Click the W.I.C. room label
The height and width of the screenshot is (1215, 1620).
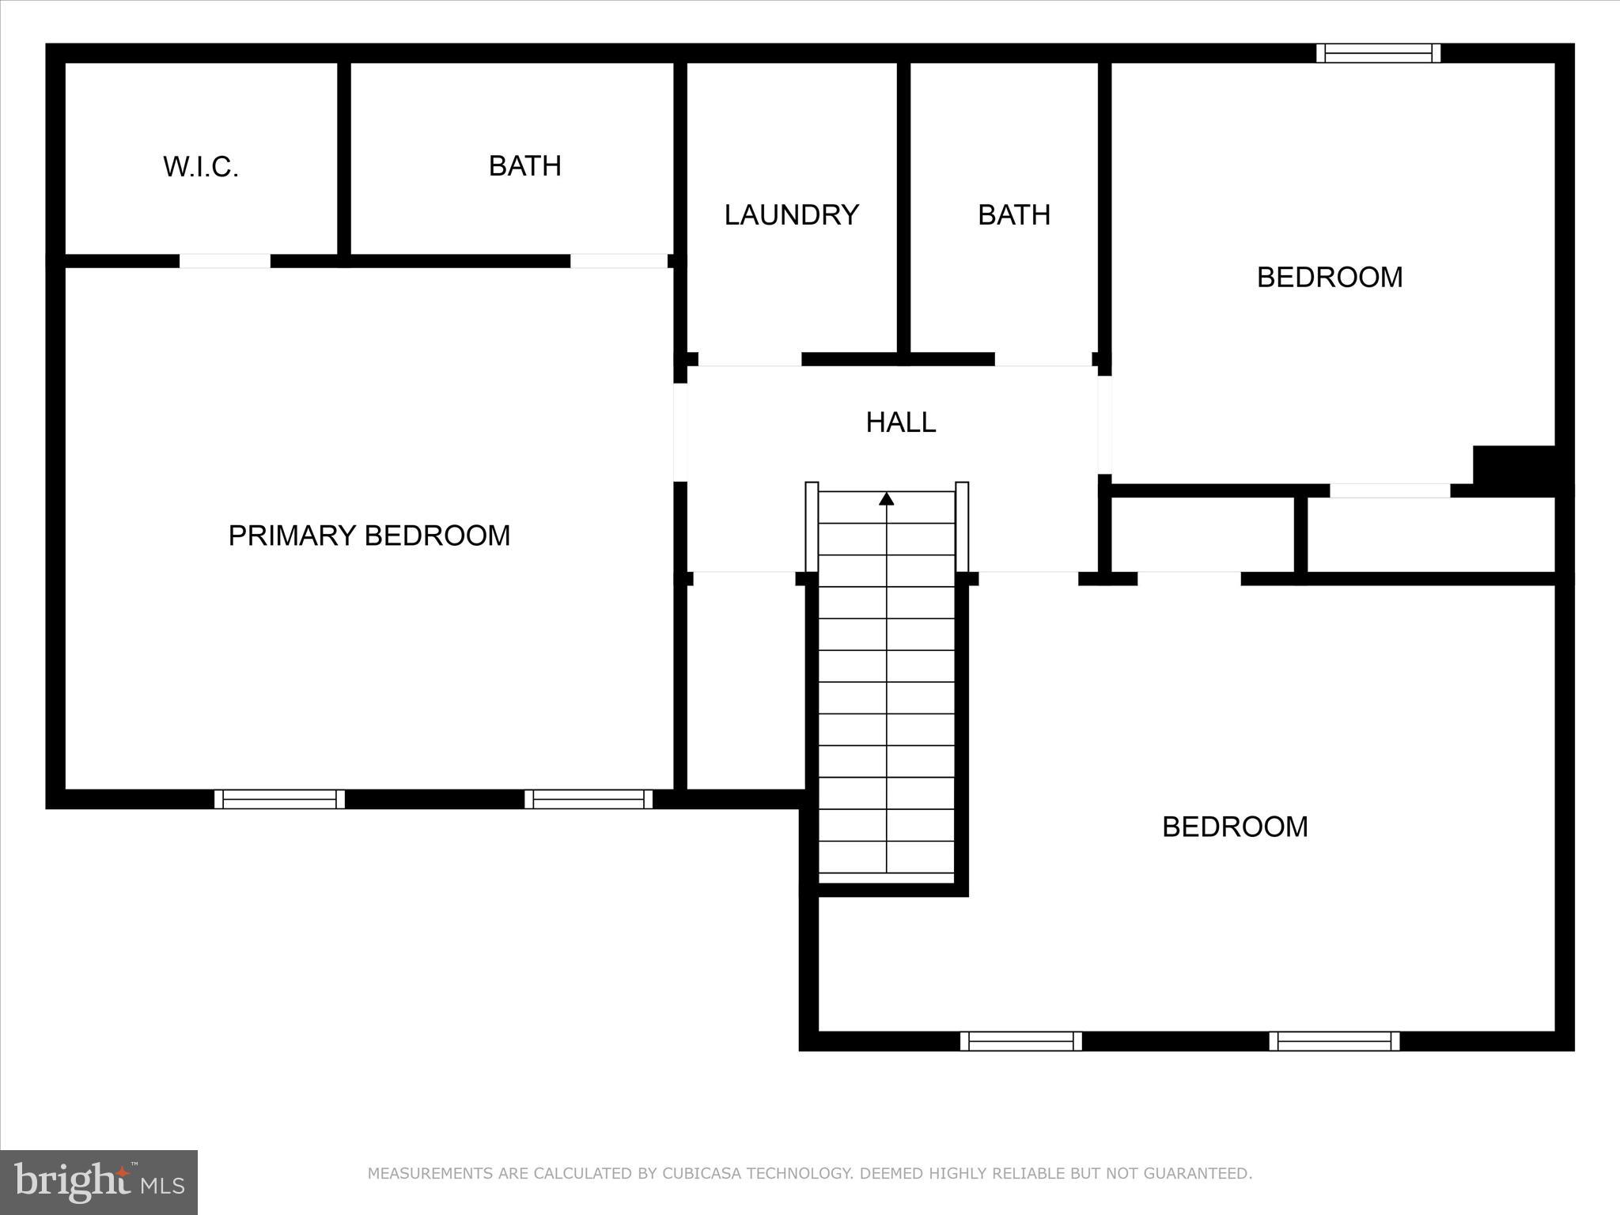click(x=201, y=167)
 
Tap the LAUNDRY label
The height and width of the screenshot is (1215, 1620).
click(x=791, y=215)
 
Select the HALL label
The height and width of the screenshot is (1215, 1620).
click(x=901, y=422)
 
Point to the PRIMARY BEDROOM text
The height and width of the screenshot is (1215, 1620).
click(x=369, y=536)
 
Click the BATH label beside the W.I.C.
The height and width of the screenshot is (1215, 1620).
click(x=525, y=166)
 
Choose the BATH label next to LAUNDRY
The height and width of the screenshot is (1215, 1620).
click(x=1014, y=215)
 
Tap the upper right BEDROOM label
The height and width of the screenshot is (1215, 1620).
click(x=1330, y=277)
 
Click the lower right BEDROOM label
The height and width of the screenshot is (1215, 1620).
click(x=1235, y=827)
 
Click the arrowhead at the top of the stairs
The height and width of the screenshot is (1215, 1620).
click(x=887, y=498)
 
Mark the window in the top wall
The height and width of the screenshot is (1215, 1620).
click(x=1378, y=53)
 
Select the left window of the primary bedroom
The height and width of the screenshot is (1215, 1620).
click(x=279, y=799)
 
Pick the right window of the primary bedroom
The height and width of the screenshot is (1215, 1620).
click(x=589, y=799)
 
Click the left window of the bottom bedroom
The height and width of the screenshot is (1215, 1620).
click(x=1021, y=1041)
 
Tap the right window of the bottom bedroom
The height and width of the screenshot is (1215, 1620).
click(x=1334, y=1041)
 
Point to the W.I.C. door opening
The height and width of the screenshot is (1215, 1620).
click(x=225, y=261)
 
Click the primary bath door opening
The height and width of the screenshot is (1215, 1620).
click(x=619, y=261)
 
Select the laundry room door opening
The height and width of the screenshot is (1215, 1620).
click(x=749, y=360)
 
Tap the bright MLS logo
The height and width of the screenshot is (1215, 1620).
click(x=99, y=1182)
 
